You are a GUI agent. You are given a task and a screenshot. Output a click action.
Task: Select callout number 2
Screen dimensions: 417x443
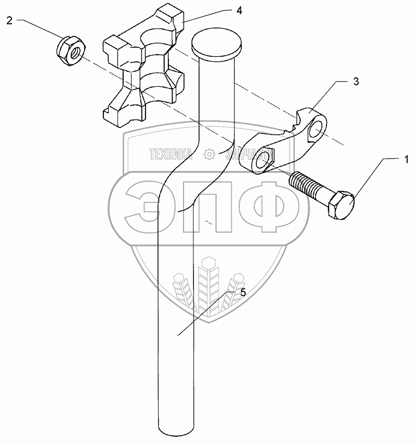pyautogui.click(x=10, y=21)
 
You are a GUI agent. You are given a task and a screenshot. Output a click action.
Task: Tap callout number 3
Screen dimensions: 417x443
pyautogui.click(x=356, y=82)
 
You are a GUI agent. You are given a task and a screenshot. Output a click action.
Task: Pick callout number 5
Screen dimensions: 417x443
pyautogui.click(x=243, y=292)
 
